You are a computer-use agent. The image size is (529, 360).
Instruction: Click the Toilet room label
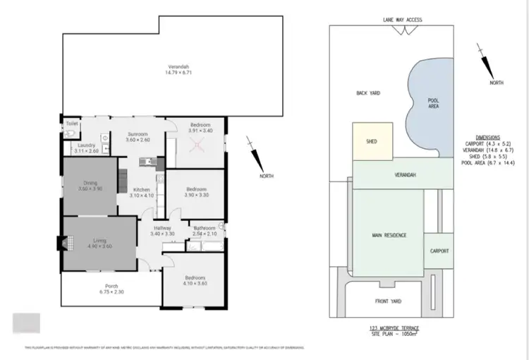click(x=71, y=123)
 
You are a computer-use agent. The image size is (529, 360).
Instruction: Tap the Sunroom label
click(x=137, y=133)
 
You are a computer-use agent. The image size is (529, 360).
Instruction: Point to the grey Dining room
click(x=90, y=186)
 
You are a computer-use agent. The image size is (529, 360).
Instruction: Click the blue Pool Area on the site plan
click(x=430, y=106)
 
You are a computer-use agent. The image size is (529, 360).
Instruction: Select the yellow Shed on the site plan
click(x=371, y=141)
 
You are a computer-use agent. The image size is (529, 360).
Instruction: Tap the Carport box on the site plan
click(x=440, y=251)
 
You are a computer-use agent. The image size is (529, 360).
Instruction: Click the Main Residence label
click(x=389, y=234)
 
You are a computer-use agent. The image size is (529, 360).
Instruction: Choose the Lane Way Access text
click(x=402, y=20)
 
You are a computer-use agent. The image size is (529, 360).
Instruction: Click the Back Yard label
click(x=368, y=92)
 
